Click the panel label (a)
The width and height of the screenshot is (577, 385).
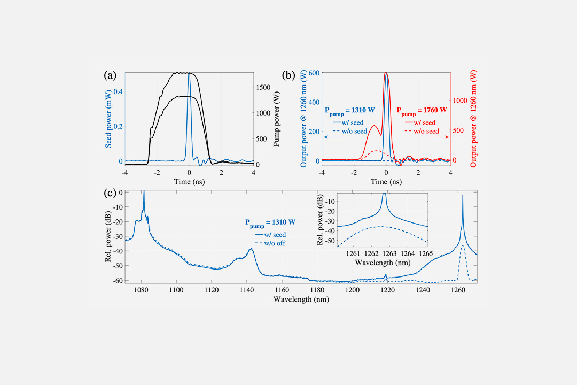pyautogui.click(x=110, y=75)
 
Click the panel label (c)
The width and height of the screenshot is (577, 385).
pyautogui.click(x=110, y=193)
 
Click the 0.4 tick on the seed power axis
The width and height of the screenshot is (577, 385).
pyautogui.click(x=118, y=91)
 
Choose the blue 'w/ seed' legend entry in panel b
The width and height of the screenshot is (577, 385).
pyautogui.click(x=348, y=122)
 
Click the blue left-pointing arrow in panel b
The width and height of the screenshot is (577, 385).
pyautogui.click(x=334, y=137)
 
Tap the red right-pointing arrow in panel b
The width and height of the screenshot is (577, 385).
pyautogui.click(x=439, y=137)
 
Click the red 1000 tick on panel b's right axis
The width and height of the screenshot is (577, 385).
pyautogui.click(x=461, y=100)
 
